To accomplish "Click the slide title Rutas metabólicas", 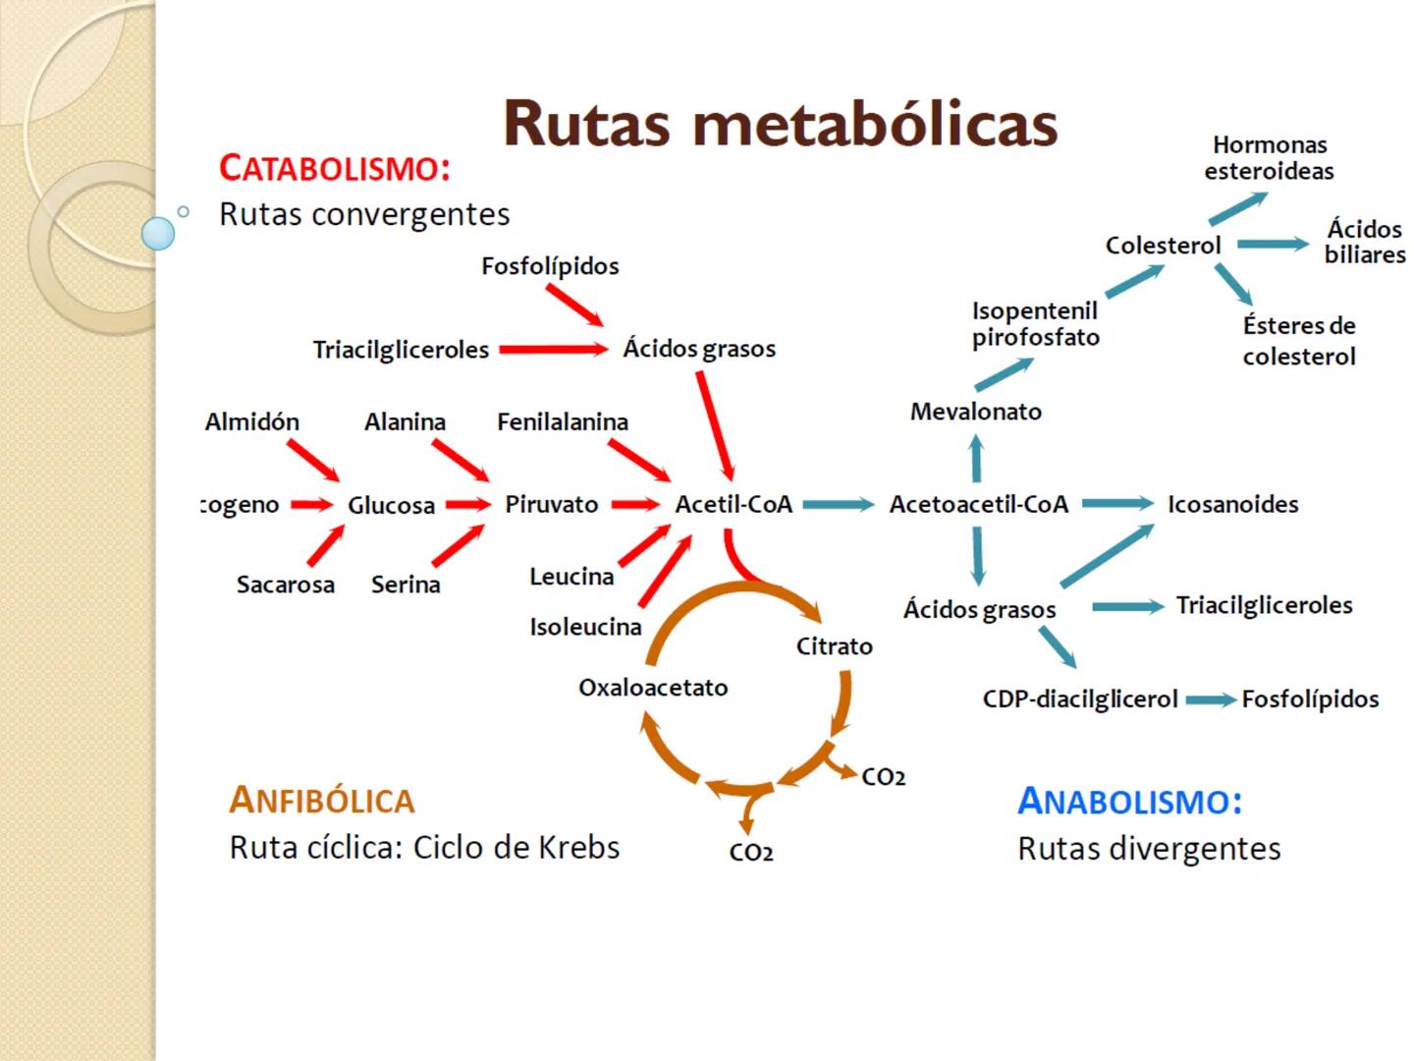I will point(781,124).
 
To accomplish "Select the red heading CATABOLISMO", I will point(335,168).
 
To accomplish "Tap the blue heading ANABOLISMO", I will point(1129,801).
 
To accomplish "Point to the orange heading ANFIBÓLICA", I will point(322,800).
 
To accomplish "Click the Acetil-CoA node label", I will point(734,504).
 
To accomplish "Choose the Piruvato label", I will point(551,504).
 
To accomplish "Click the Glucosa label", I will point(391,505).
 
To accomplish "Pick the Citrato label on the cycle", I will point(834,646).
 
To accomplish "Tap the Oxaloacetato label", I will point(653,688).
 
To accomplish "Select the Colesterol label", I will point(1163,246).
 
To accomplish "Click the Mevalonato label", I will point(975,412).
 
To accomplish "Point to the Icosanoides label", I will point(1232,504).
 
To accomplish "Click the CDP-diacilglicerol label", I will point(1079,699).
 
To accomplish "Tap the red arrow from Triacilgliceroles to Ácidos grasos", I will point(553,349).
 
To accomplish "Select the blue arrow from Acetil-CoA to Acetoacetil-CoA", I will point(838,504).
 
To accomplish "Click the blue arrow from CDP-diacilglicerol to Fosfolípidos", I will point(1210,700).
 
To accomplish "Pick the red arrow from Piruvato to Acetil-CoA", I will point(635,504).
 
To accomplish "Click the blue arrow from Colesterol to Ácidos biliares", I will point(1273,244).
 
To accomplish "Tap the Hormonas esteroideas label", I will point(1269,158).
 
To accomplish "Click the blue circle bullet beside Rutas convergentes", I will point(158,233).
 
